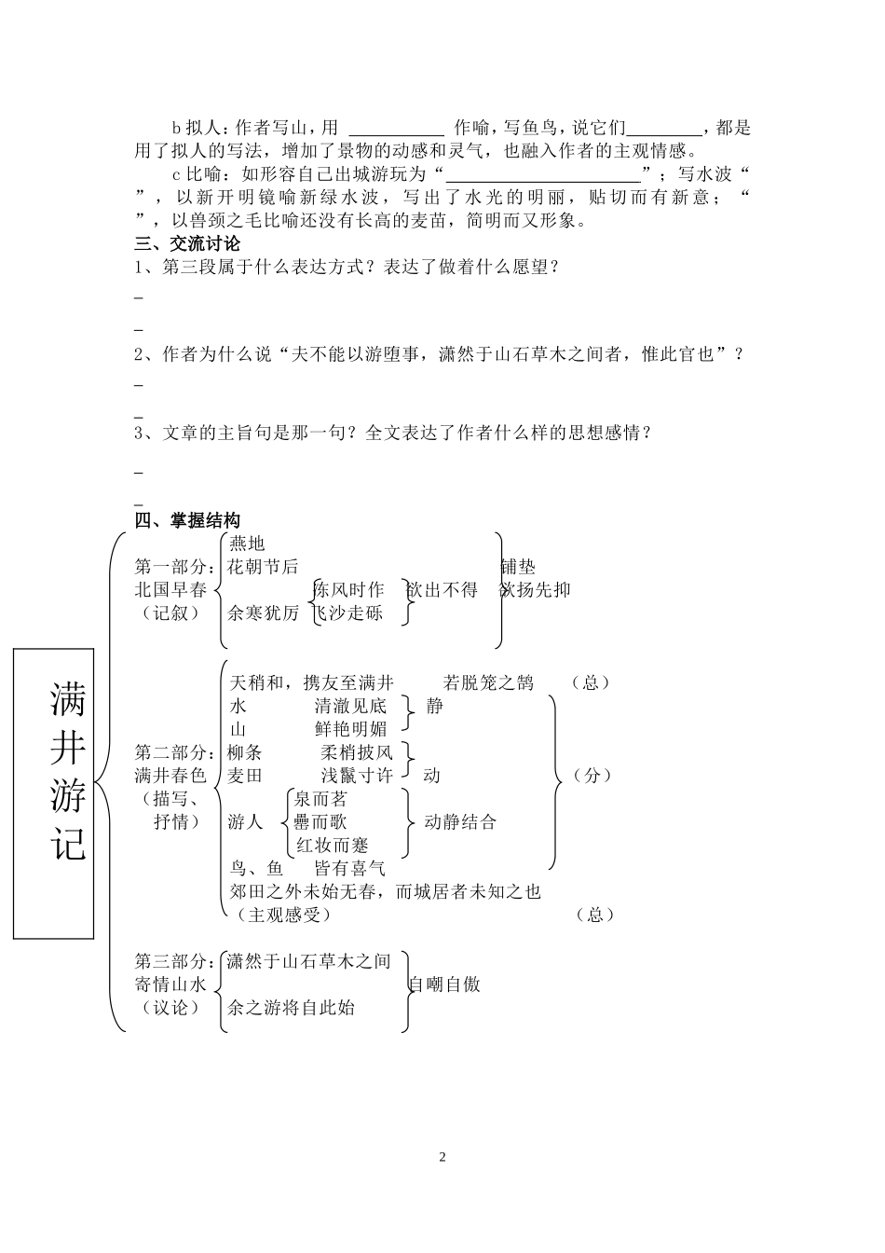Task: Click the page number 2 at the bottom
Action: (442, 1157)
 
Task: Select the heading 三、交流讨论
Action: (187, 244)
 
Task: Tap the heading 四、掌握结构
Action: (187, 520)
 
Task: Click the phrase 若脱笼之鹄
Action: (488, 682)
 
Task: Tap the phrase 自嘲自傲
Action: (445, 984)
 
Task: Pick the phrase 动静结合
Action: (460, 822)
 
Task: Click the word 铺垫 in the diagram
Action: (518, 567)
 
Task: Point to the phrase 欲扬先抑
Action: (536, 590)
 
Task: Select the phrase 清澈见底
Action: (350, 706)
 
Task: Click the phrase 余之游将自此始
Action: (292, 1008)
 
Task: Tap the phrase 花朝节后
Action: (264, 567)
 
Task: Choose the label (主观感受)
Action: (283, 916)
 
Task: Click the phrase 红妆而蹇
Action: (333, 846)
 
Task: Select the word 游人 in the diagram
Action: (246, 822)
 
